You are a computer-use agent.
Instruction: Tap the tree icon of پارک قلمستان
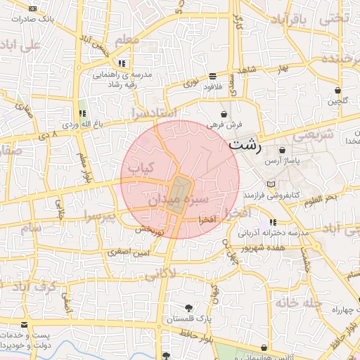point(188,307)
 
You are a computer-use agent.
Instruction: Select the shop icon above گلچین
point(338,90)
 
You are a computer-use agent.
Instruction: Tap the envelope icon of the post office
point(25,325)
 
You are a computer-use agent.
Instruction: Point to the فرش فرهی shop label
point(224,124)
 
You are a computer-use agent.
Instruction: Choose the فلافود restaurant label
point(213,87)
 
